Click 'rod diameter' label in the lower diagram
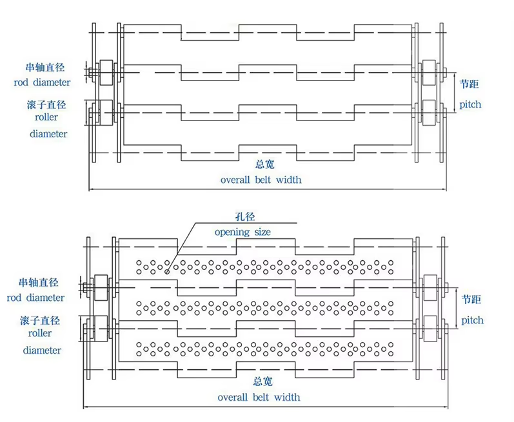tap(36, 298)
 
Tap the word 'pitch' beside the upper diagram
tap(470, 104)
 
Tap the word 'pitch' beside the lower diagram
tap(472, 320)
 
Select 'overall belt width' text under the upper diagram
tap(261, 180)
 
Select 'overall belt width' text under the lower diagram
tap(259, 397)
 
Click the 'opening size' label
tap(242, 232)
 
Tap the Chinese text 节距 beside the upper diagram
tap(470, 84)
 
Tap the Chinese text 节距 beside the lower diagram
tap(472, 300)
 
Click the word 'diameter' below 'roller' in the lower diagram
tap(43, 350)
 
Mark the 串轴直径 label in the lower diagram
tap(39, 283)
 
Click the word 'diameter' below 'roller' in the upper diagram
tap(48, 134)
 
